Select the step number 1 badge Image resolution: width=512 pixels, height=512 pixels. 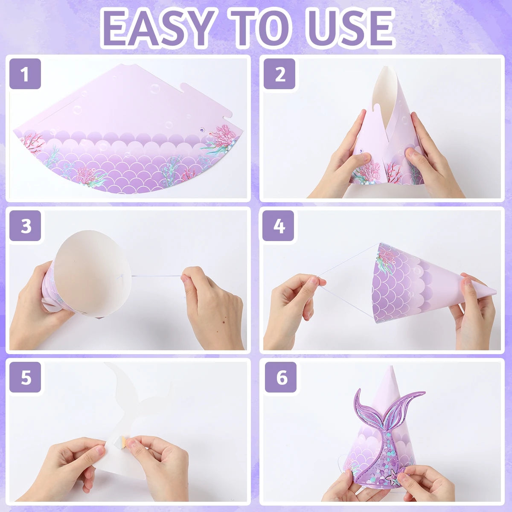coord(25,74)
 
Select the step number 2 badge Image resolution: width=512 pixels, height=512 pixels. coord(279,74)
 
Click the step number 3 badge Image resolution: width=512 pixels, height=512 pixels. coord(25,226)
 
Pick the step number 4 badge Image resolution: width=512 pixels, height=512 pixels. coord(279,226)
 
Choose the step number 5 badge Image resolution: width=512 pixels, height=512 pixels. coord(25,377)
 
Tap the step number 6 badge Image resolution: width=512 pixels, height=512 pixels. coord(281,377)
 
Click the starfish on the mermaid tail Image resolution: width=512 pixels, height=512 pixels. coord(390,480)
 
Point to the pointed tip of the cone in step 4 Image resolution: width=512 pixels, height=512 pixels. coord(496,293)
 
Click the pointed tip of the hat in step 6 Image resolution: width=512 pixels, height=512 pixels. coord(391,367)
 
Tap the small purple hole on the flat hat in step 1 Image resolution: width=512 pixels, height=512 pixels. coord(203,130)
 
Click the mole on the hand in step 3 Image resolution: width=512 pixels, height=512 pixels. coord(222,317)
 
